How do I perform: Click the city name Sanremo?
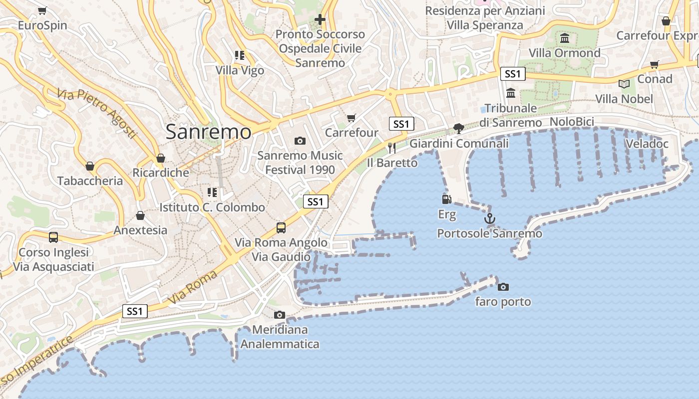(x=208, y=132)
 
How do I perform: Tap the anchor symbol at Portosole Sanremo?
(x=490, y=218)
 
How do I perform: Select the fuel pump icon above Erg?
(x=447, y=199)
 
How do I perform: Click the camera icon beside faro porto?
(x=503, y=287)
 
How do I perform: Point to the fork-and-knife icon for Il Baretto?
(x=392, y=148)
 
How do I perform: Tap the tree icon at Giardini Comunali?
(x=459, y=129)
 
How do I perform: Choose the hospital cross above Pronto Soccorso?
(x=320, y=20)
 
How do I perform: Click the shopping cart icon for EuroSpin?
(x=42, y=10)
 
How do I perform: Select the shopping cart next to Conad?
(x=655, y=65)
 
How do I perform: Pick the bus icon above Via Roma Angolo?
(x=281, y=228)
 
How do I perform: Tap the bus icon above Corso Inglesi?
(x=53, y=237)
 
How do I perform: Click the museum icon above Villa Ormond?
(x=565, y=38)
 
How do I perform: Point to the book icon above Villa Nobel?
(x=624, y=84)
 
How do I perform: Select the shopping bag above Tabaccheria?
(x=90, y=166)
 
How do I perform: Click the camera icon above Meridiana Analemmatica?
(x=280, y=315)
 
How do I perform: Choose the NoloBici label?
(x=572, y=122)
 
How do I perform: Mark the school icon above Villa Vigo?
(x=240, y=55)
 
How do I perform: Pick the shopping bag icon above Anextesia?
(x=140, y=215)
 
